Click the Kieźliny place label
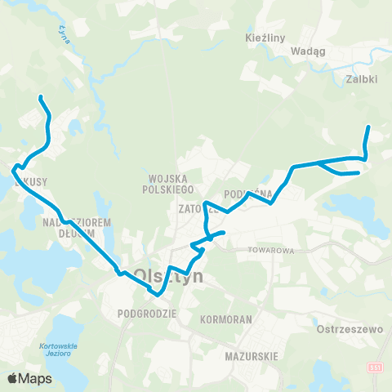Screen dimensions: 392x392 click(x=264, y=38)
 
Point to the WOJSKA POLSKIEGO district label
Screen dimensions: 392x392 click(x=170, y=184)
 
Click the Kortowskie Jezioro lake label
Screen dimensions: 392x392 click(x=57, y=349)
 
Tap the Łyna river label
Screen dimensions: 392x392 click(x=62, y=33)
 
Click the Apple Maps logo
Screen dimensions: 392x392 click(x=29, y=378)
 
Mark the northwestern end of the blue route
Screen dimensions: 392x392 click(x=39, y=99)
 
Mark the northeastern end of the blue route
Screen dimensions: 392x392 click(x=368, y=127)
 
